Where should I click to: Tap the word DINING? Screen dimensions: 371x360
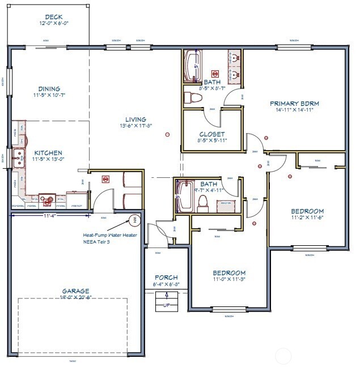(49, 88)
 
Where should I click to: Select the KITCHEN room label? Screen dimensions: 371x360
(48, 152)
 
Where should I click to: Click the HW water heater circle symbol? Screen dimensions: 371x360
(135, 220)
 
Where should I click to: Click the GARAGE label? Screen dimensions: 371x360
(76, 291)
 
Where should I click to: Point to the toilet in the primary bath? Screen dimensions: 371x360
(194, 97)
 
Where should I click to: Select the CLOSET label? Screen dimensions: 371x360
(212, 134)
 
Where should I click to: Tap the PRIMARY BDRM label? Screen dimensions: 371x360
(294, 103)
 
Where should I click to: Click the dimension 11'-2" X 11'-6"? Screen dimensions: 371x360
(308, 217)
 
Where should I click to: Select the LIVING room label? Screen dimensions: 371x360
(136, 120)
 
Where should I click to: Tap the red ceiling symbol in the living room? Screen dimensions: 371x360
(167, 134)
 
